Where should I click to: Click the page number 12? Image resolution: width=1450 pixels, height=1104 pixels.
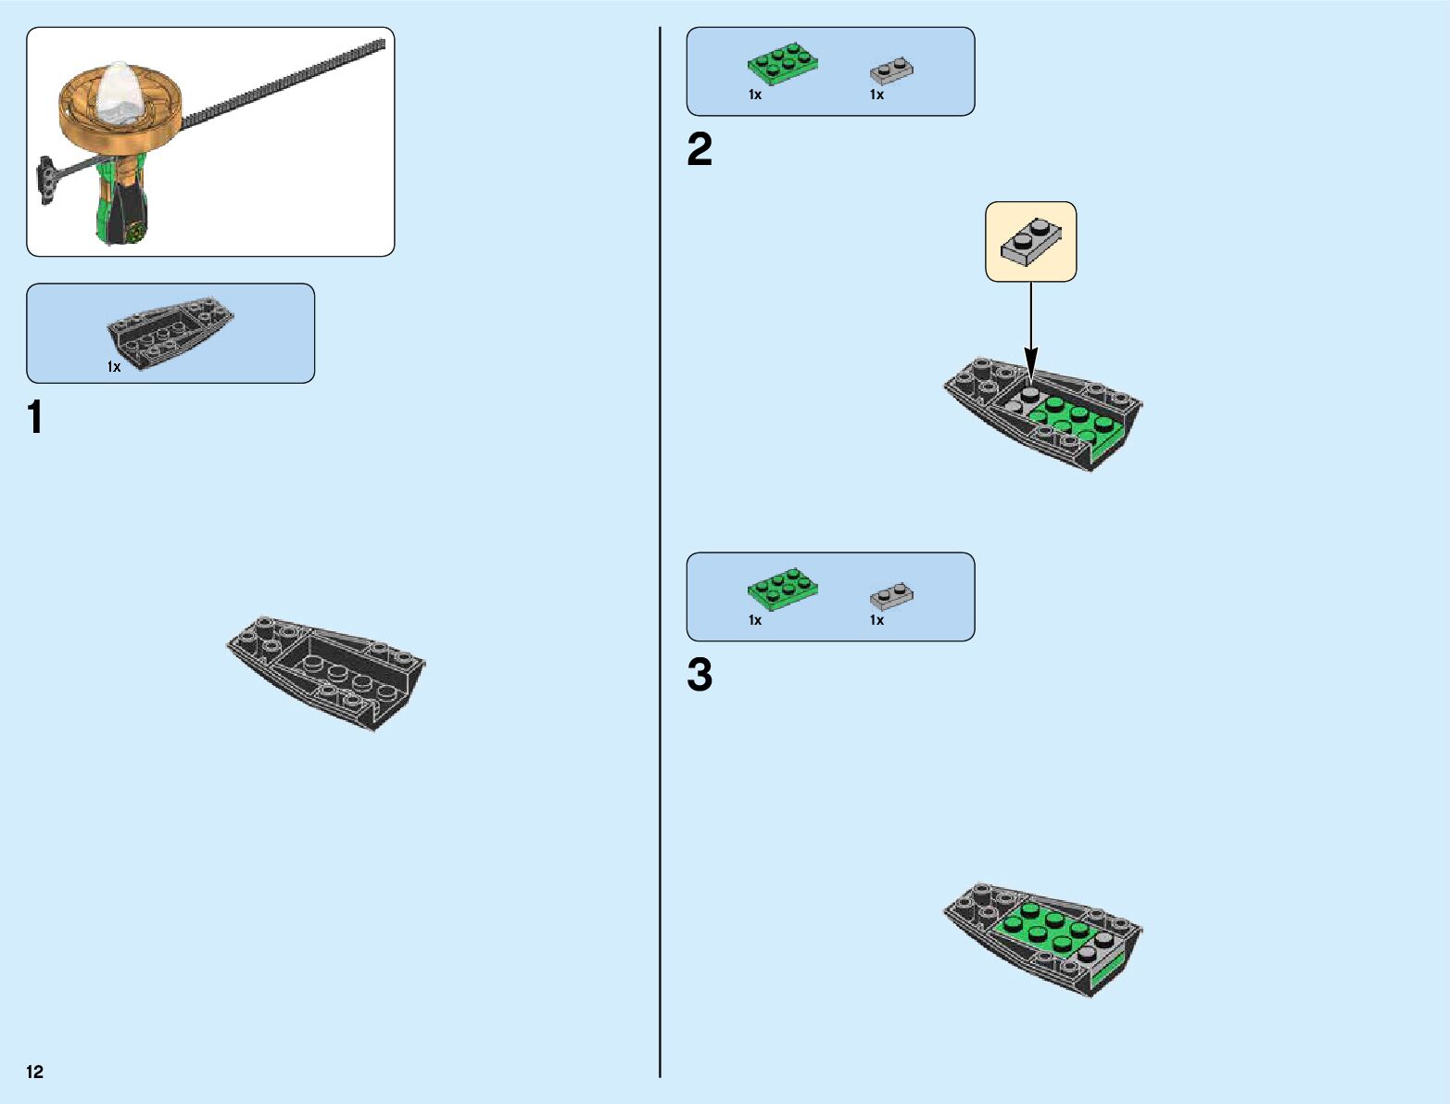tap(35, 1072)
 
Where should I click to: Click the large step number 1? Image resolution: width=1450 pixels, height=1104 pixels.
tap(35, 417)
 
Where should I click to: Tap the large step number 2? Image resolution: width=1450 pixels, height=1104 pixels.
tap(700, 150)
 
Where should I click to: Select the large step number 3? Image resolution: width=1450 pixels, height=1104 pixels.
tap(700, 675)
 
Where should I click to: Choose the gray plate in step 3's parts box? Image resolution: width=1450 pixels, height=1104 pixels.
tap(891, 595)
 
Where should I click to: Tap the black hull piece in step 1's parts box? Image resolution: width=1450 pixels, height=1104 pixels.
tap(169, 329)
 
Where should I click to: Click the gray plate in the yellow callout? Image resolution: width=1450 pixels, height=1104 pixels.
tap(1031, 240)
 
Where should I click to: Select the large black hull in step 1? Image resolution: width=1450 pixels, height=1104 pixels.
tap(326, 669)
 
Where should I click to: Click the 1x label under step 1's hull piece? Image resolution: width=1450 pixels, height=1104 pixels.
tap(114, 367)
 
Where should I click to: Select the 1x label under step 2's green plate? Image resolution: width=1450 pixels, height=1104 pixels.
tap(755, 95)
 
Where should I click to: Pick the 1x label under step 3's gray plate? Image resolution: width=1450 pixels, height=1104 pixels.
tap(876, 620)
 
